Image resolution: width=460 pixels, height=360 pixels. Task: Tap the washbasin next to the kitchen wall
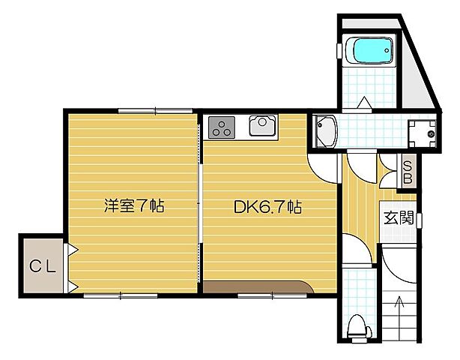[x=324, y=130]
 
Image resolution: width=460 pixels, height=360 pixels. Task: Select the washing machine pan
[x=422, y=134]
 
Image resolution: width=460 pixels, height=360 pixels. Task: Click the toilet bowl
[x=358, y=326]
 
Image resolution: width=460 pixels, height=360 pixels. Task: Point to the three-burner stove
[x=221, y=127]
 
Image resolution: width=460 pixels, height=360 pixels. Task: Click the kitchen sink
[x=262, y=127]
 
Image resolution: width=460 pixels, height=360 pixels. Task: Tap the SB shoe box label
[x=408, y=172]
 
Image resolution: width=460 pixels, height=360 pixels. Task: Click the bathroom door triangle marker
[x=363, y=101]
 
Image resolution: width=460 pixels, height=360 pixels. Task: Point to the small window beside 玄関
[x=419, y=219]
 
